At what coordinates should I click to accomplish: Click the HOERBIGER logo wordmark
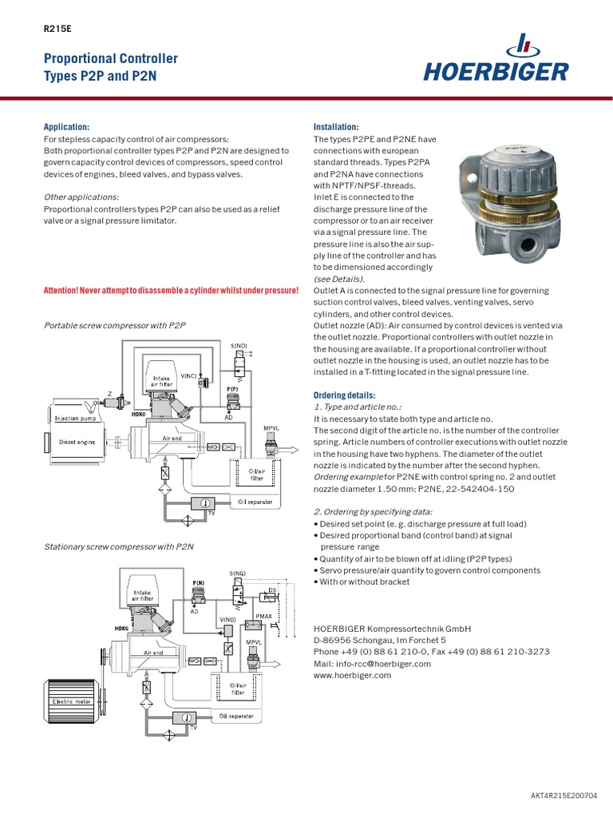click(x=496, y=71)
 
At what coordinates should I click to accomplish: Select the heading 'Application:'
click(x=66, y=127)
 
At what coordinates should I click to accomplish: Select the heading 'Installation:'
click(x=336, y=127)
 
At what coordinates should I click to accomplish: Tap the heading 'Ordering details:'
click(x=344, y=395)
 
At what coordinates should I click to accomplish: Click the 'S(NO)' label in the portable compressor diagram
click(x=239, y=346)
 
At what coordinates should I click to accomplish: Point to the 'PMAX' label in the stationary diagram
click(x=263, y=617)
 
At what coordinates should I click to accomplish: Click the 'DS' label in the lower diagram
click(x=271, y=590)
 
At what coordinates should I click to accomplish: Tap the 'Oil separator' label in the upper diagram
click(x=255, y=502)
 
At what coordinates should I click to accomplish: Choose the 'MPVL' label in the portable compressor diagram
click(x=271, y=429)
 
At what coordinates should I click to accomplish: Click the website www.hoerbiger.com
click(x=353, y=675)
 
